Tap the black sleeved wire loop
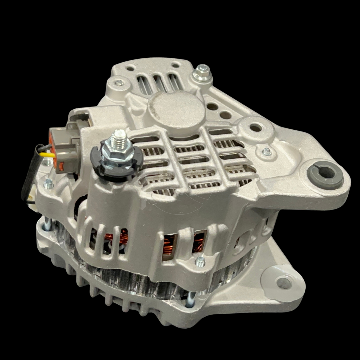[x=30, y=177]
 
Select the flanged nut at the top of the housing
[x=202, y=74]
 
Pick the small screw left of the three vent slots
[x=119, y=83]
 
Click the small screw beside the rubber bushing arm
[x=266, y=152]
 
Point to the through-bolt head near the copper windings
[x=200, y=262]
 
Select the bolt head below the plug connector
[x=49, y=183]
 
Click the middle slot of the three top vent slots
[x=159, y=83]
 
